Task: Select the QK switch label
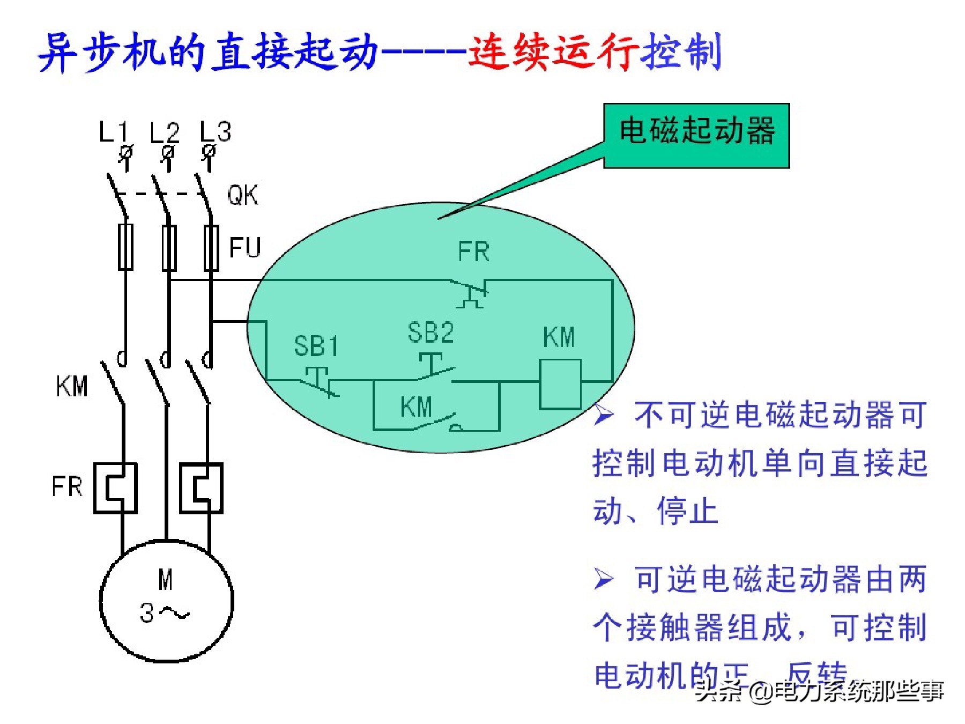pos(242,195)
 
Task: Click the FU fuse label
pos(245,247)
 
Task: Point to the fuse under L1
pos(125,247)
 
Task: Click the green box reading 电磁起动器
pos(696,136)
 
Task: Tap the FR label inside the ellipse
pos(474,252)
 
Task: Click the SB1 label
pos(316,346)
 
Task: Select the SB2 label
pos(430,333)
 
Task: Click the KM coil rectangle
pos(560,385)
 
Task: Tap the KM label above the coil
pos(559,337)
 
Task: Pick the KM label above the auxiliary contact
pos(416,407)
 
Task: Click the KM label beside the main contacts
pos(72,386)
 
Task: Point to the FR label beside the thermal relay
pos(67,486)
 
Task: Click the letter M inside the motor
pos(166,580)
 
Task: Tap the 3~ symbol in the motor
pos(164,613)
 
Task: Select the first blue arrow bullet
pos(604,415)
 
